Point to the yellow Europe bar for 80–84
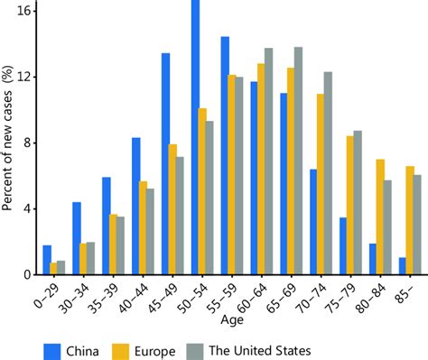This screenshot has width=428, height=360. [380, 217]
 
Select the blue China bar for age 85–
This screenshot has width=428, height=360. [403, 266]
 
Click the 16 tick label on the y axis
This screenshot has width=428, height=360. [24, 11]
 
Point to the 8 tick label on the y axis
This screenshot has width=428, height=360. [28, 143]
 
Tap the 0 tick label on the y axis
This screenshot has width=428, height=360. [28, 274]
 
